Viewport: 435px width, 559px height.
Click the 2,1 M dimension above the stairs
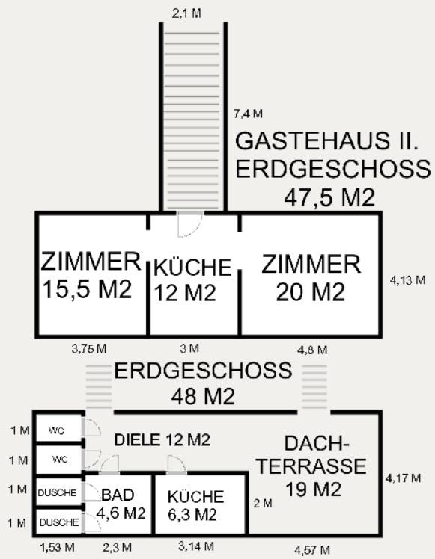click(186, 13)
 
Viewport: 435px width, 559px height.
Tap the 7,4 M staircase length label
click(249, 114)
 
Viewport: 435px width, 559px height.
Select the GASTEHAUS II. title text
click(326, 140)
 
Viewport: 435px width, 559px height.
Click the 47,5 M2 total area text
click(329, 197)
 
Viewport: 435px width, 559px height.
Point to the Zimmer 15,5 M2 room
click(92, 275)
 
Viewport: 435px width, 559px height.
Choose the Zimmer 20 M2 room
click(310, 275)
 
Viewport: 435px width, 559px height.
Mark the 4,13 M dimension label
click(407, 280)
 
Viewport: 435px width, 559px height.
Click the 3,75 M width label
click(89, 349)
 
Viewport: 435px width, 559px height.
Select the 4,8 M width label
click(312, 350)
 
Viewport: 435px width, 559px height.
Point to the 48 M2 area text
click(203, 396)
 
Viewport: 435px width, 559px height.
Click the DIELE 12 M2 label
click(162, 440)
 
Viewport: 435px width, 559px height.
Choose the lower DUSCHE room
click(59, 521)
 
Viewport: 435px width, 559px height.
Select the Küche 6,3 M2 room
click(201, 504)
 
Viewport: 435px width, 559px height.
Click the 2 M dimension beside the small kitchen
click(263, 504)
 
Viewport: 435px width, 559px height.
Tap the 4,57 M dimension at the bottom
click(312, 550)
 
